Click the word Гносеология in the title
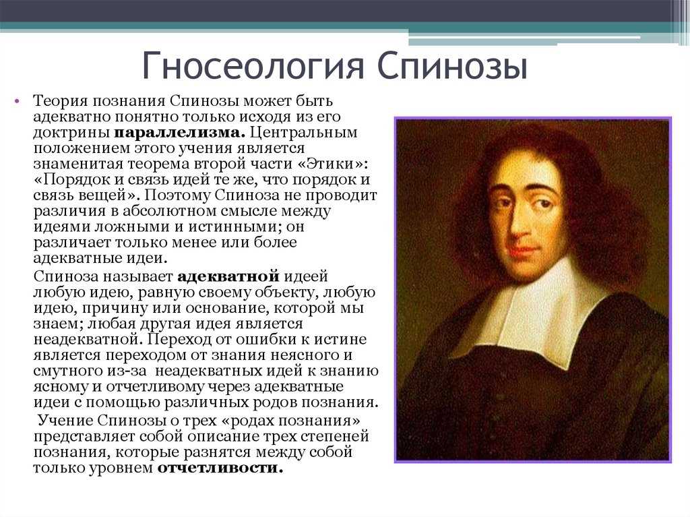[253, 67]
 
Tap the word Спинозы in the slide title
[452, 65]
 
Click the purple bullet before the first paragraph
[17, 101]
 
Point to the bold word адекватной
[228, 276]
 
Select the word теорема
[155, 164]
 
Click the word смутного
[68, 371]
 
